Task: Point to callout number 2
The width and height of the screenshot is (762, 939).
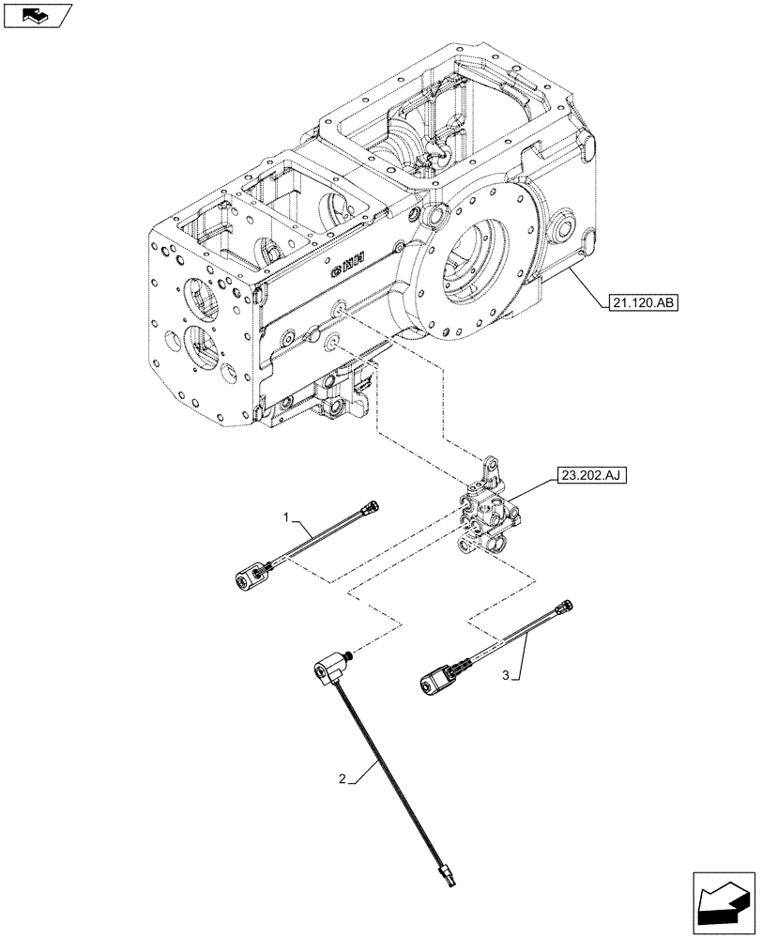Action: point(346,778)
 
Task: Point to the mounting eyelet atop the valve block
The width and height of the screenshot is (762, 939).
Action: point(489,465)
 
